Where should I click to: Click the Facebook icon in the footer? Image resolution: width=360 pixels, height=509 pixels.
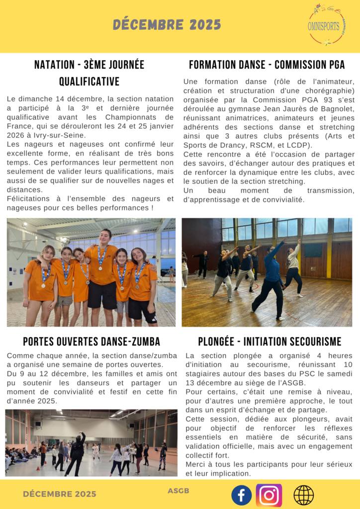(x=242, y=495)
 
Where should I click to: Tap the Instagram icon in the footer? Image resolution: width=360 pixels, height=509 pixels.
(x=269, y=495)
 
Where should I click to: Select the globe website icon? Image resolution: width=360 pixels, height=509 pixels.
(x=303, y=495)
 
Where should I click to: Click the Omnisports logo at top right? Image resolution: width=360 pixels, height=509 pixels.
(x=326, y=24)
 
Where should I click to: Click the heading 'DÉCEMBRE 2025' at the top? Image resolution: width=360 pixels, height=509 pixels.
(x=167, y=24)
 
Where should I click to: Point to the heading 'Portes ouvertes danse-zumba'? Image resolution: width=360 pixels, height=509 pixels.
(x=91, y=341)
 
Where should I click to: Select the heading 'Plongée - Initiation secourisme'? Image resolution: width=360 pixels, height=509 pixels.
(x=270, y=341)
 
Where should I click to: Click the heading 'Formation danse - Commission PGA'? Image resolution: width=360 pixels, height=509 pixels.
(x=267, y=65)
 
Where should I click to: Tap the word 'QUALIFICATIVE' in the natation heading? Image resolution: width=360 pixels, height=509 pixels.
(x=90, y=82)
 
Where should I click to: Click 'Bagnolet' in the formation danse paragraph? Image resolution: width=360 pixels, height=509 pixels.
(x=337, y=108)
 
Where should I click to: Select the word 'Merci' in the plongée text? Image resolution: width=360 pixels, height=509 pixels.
(x=194, y=464)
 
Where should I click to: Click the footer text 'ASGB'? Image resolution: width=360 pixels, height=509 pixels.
(x=179, y=491)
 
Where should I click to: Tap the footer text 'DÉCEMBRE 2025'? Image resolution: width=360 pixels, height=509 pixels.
(x=60, y=494)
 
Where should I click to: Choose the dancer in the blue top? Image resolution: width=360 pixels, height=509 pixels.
(x=271, y=278)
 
